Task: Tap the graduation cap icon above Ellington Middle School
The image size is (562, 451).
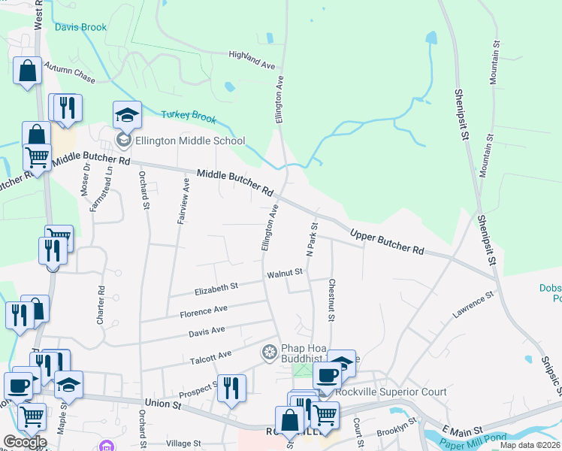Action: click(x=127, y=116)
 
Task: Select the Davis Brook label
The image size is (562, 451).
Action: click(x=80, y=27)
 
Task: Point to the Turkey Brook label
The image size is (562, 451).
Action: click(x=189, y=118)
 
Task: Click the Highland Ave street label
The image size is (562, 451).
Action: click(x=252, y=60)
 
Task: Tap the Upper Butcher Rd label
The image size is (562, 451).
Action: click(x=388, y=241)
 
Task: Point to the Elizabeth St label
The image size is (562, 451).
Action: click(x=216, y=286)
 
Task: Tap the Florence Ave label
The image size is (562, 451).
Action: click(x=203, y=310)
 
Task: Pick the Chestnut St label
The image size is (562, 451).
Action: click(x=330, y=299)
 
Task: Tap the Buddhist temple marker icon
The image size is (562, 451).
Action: click(x=268, y=352)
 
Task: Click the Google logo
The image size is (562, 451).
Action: click(x=24, y=442)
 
